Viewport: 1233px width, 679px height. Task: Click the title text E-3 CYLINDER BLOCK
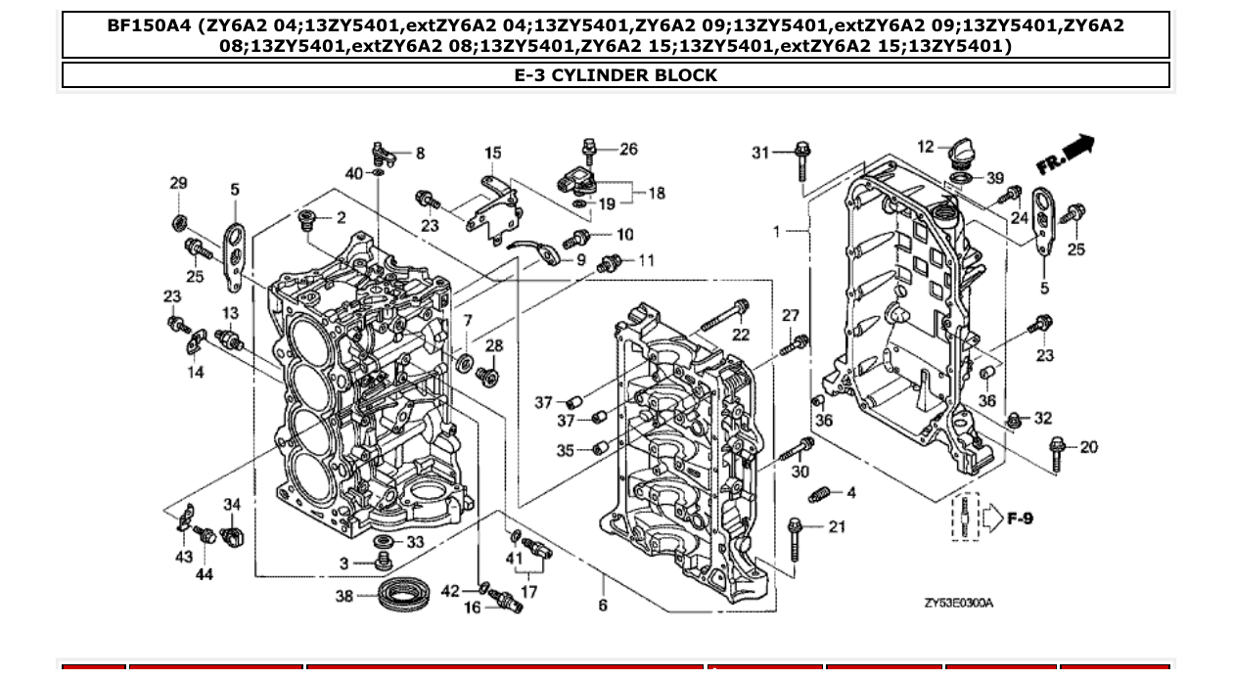point(616,75)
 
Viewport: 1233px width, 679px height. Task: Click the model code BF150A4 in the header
point(148,26)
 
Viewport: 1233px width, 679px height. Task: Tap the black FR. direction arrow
point(1075,149)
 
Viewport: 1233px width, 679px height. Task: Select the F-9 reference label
point(1020,518)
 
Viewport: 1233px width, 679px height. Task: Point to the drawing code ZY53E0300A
point(958,603)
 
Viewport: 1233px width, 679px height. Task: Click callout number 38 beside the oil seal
point(343,595)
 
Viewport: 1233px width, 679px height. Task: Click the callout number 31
point(760,152)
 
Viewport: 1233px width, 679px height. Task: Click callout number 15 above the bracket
point(493,153)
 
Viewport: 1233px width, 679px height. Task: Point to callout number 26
point(628,149)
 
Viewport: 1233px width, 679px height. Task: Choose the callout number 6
point(603,606)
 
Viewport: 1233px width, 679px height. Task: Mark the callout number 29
point(177,183)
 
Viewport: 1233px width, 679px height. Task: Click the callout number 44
point(204,574)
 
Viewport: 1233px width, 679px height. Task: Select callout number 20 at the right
point(1088,447)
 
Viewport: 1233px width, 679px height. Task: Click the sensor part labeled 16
point(509,602)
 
